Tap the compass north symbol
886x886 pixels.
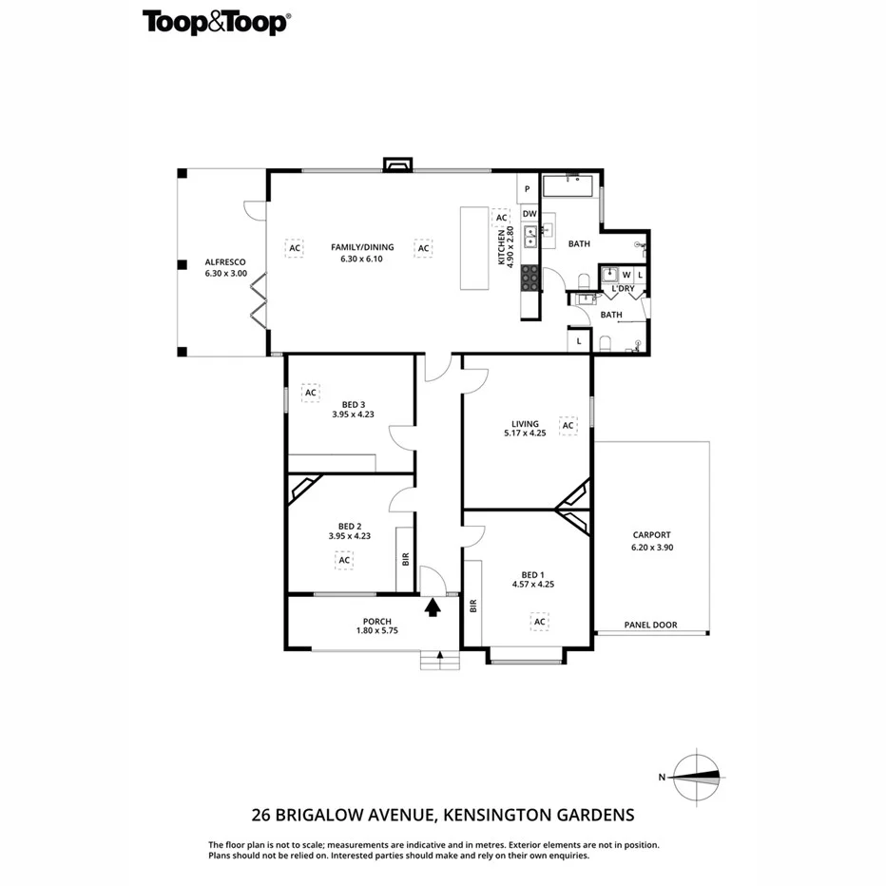pyautogui.click(x=696, y=776)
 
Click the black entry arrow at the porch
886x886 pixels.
pyautogui.click(x=433, y=607)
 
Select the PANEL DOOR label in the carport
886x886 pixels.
pyautogui.click(x=650, y=625)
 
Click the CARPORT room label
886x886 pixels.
pyautogui.click(x=650, y=534)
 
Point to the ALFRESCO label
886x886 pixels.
pyautogui.click(x=225, y=261)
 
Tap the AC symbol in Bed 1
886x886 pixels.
pyautogui.click(x=539, y=622)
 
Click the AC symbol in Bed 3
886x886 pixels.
pyautogui.click(x=310, y=391)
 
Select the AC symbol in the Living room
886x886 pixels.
pyautogui.click(x=568, y=425)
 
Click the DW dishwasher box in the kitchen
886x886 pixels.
pyautogui.click(x=530, y=214)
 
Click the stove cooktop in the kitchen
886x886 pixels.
pyautogui.click(x=530, y=276)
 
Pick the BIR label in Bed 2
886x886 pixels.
pyautogui.click(x=405, y=559)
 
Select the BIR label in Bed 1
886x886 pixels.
pyautogui.click(x=472, y=605)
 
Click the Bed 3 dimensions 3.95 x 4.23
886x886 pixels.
pyautogui.click(x=352, y=414)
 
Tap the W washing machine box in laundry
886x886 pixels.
pyautogui.click(x=626, y=275)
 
